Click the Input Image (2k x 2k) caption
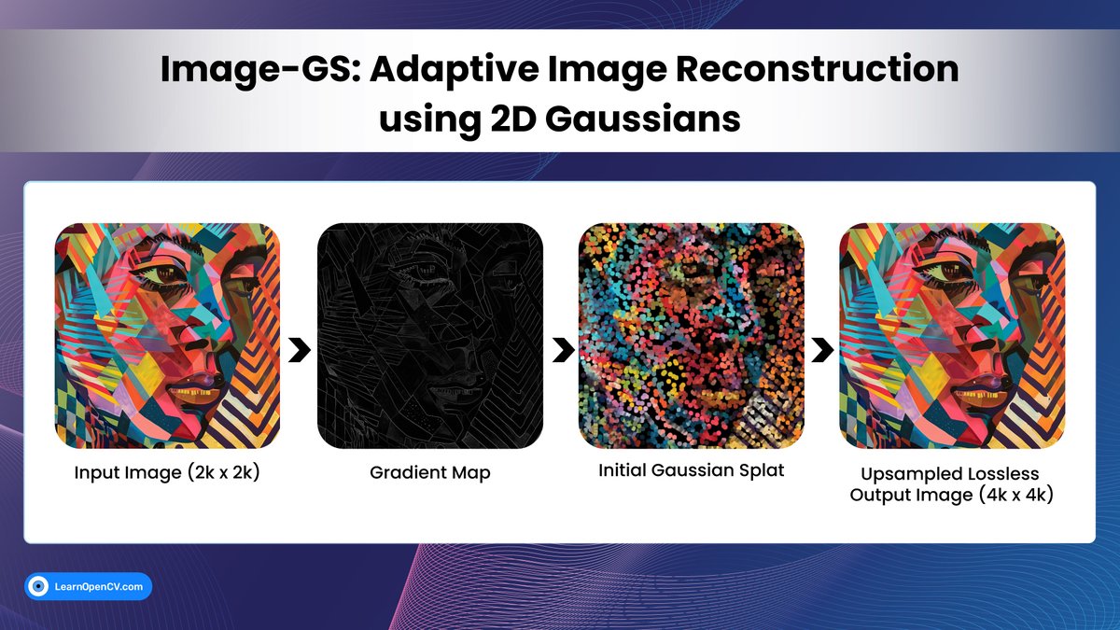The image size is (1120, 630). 167,472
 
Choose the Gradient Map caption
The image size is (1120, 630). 429,472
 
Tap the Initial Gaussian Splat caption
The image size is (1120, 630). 691,470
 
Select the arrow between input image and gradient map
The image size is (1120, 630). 299,351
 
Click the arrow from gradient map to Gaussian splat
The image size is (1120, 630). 561,351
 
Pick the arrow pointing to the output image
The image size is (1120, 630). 822,351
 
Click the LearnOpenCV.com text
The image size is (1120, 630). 99,586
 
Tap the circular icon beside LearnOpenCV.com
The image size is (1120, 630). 39,586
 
